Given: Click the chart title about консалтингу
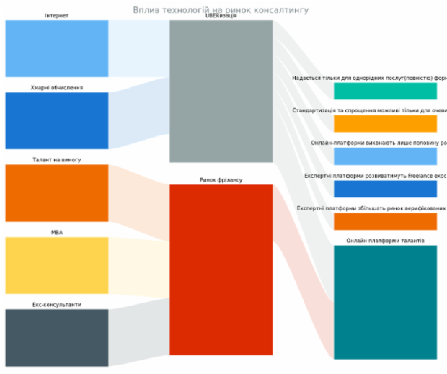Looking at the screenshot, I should [221, 10].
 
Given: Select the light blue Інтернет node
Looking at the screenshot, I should [57, 48].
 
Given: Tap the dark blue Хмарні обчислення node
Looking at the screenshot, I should [57, 120].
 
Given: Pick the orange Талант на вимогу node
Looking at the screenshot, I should [57, 192].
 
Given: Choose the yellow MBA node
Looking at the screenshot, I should [57, 265].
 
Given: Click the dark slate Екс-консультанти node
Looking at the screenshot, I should [57, 337].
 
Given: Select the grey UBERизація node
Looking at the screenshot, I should [221, 92].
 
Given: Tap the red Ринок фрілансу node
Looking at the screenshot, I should [221, 270].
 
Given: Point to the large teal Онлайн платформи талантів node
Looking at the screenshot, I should [385, 302].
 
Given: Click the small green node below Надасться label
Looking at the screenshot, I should [385, 92].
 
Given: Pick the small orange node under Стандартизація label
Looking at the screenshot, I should [385, 124].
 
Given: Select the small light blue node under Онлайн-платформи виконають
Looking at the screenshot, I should [385, 156].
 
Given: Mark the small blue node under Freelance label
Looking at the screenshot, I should [385, 189].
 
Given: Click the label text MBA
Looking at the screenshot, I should [57, 233].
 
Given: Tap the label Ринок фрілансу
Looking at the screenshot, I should [221, 180].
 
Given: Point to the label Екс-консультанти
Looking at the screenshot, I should [57, 305].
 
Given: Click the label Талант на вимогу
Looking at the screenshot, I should [57, 160].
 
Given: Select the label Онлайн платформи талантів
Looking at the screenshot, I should [385, 241].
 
